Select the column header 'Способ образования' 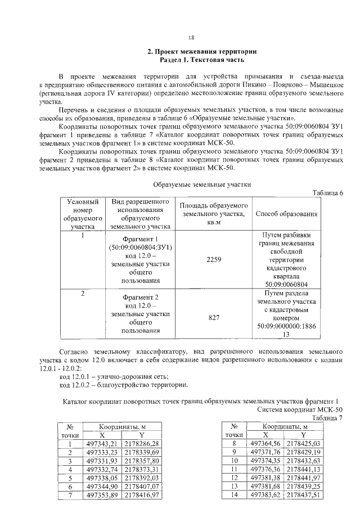(287, 214)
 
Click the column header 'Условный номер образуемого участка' (83, 214)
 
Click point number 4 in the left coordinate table (70, 469)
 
